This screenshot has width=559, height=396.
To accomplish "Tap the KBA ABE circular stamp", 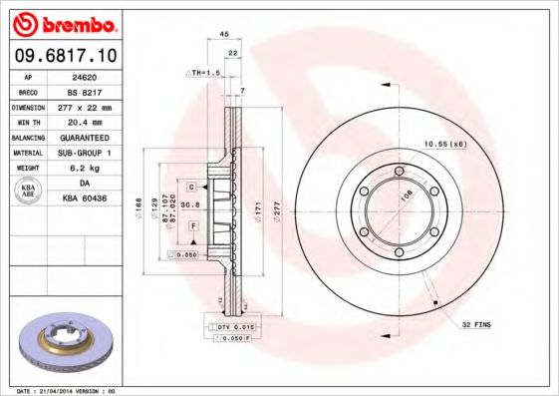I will coord(29,191).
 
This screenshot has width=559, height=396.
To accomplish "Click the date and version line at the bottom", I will coord(68,390).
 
